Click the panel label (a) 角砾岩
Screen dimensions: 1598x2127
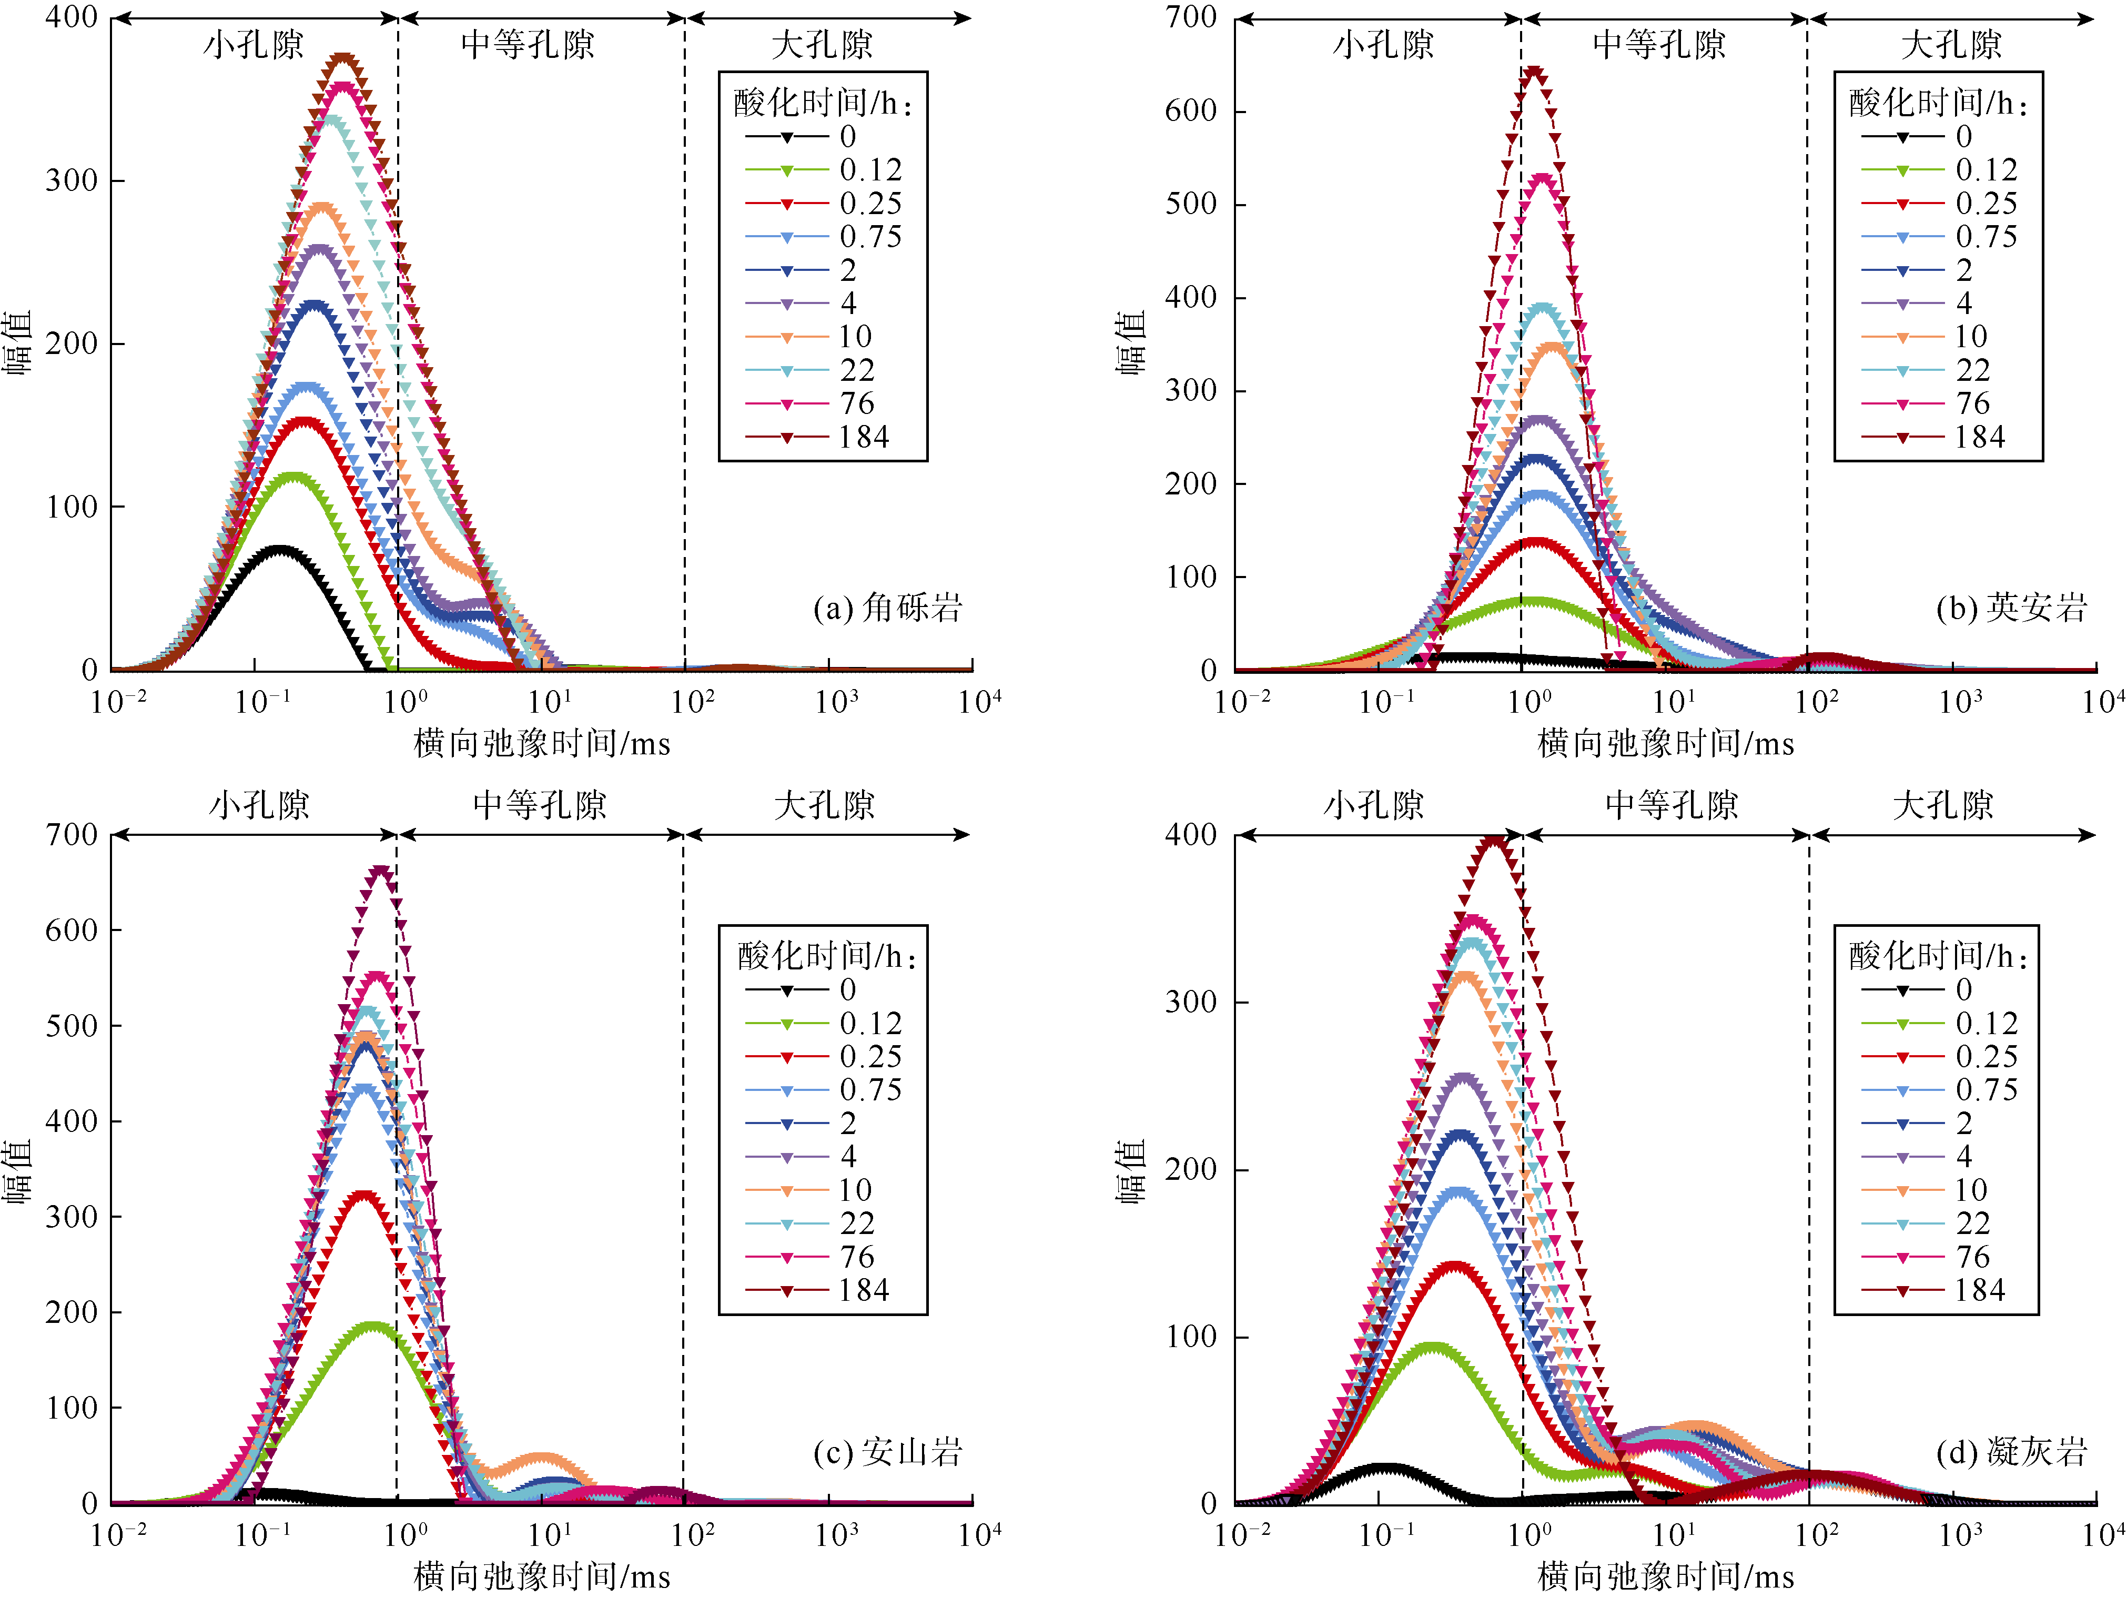[887, 608]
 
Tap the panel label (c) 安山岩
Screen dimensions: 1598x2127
[887, 1452]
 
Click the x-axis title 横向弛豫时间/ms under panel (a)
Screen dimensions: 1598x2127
[541, 743]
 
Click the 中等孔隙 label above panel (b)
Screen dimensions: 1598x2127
[1659, 44]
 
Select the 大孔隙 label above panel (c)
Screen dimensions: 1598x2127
[824, 805]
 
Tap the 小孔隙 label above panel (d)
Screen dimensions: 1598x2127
[1373, 805]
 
